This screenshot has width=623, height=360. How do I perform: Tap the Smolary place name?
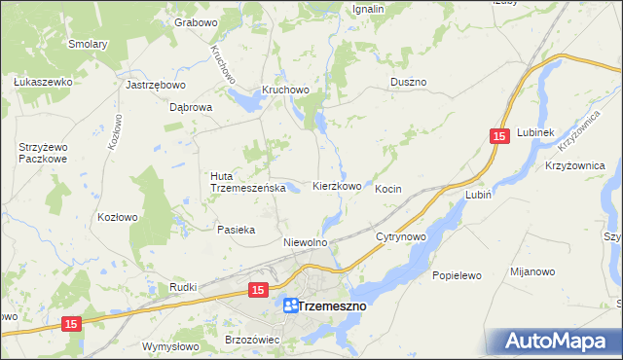click(87, 44)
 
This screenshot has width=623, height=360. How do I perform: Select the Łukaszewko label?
click(43, 82)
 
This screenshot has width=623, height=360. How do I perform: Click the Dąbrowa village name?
click(191, 108)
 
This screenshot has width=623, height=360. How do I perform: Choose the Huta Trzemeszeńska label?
click(246, 182)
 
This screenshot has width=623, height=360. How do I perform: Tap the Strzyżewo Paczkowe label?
click(42, 152)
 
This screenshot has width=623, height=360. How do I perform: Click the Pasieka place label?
click(236, 230)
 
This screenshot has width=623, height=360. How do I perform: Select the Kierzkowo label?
click(337, 186)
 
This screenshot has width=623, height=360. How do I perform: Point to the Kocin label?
click(388, 189)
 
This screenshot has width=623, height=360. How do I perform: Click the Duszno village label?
click(408, 83)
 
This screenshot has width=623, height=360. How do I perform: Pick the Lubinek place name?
click(535, 132)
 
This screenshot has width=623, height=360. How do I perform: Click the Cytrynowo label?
click(402, 236)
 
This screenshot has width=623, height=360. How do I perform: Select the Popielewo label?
click(458, 275)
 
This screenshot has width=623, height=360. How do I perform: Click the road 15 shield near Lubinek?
click(499, 138)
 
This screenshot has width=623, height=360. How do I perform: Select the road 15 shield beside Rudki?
click(257, 290)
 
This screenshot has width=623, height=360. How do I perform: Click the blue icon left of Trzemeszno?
click(290, 306)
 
